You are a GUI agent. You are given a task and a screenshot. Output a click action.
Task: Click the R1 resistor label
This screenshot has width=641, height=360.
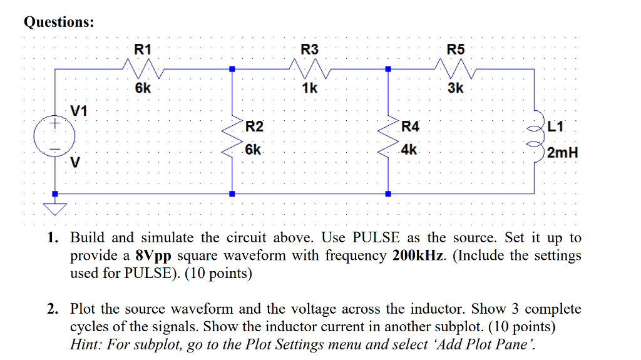coord(143,49)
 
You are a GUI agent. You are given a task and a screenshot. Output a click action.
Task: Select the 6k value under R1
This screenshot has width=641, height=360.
coord(143,88)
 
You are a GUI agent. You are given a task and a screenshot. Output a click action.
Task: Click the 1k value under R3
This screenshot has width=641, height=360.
coord(309,88)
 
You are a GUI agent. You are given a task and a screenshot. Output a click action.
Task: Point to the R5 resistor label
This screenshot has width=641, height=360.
coord(456,49)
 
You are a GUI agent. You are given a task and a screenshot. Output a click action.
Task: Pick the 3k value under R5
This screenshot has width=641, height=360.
coord(456,88)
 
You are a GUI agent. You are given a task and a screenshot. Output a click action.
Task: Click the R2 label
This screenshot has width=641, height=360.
coord(254,127)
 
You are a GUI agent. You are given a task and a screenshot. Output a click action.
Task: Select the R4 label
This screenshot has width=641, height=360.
coord(411,127)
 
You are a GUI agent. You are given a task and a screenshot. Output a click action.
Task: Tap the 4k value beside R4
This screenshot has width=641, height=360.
coord(409,150)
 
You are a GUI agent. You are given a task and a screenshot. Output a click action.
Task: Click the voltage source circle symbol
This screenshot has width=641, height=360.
coord(55,136)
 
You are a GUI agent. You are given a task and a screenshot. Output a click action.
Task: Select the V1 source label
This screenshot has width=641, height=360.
coord(79,111)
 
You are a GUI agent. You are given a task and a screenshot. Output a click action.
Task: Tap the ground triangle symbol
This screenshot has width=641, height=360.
coord(55,208)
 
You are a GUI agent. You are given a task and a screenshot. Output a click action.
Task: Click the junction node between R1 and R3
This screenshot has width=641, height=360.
coord(232,69)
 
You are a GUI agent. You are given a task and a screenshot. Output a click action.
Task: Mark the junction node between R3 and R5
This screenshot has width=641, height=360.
coord(388,69)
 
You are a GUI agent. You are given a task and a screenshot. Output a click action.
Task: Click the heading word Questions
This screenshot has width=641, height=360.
coord(59,22)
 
